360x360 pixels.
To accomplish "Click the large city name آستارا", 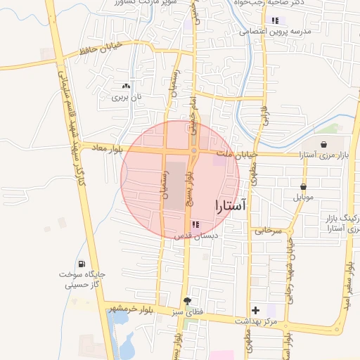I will click(x=229, y=206).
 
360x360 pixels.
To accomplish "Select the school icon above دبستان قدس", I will click(x=195, y=224).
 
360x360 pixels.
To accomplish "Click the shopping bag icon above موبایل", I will click(x=303, y=187).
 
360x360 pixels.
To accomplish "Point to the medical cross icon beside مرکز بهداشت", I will click(x=255, y=310).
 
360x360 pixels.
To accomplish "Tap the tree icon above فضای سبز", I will click(x=186, y=300).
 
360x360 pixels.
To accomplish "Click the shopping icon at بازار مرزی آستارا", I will click(x=323, y=145).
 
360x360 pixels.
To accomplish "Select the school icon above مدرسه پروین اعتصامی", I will click(x=275, y=21).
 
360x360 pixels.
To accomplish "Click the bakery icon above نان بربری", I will click(x=126, y=86).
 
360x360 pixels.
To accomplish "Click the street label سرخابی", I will click(x=268, y=230).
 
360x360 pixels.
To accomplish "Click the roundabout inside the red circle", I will click(x=193, y=150).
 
